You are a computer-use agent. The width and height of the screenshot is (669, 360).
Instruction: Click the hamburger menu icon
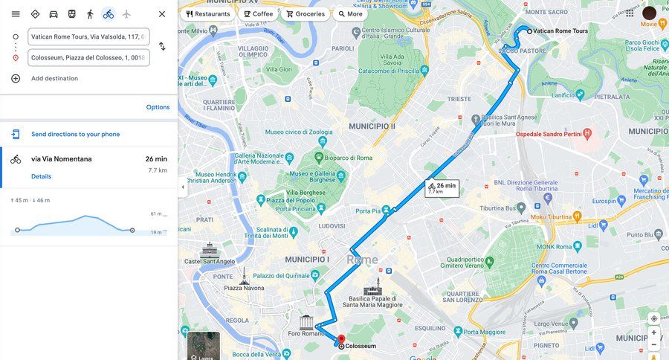pyautogui.click(x=16, y=14)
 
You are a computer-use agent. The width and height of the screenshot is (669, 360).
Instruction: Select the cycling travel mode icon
pyautogui.click(x=109, y=14)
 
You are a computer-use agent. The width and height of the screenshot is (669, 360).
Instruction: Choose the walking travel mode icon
pyautogui.click(x=90, y=14)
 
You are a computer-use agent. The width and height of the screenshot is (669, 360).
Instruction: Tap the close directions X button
pyautogui.click(x=162, y=14)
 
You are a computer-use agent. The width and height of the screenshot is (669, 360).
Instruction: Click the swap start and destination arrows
pyautogui.click(x=162, y=46)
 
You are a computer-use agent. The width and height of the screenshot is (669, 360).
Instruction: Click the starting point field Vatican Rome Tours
pyautogui.click(x=88, y=36)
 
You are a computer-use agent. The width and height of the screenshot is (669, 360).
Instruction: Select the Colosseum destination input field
pyautogui.click(x=88, y=57)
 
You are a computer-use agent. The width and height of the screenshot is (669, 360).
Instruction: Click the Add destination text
pyautogui.click(x=54, y=79)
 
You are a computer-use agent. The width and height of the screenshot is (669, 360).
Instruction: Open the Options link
pyautogui.click(x=158, y=107)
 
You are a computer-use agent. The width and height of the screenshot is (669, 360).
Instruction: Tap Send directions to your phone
pyautogui.click(x=75, y=135)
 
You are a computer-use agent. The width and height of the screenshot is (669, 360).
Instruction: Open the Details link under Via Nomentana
pyautogui.click(x=41, y=176)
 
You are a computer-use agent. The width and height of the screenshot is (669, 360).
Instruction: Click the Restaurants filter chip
pyautogui.click(x=208, y=14)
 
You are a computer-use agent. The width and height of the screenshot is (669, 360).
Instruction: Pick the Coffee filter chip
pyautogui.click(x=259, y=14)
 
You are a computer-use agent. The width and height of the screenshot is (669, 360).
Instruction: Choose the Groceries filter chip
pyautogui.click(x=306, y=14)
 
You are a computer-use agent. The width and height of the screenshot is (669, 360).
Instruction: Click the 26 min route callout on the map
pyautogui.click(x=442, y=188)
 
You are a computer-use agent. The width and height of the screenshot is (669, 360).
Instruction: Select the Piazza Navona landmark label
pyautogui.click(x=244, y=288)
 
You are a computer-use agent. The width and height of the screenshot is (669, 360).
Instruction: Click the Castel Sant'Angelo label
pyautogui.click(x=210, y=261)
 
